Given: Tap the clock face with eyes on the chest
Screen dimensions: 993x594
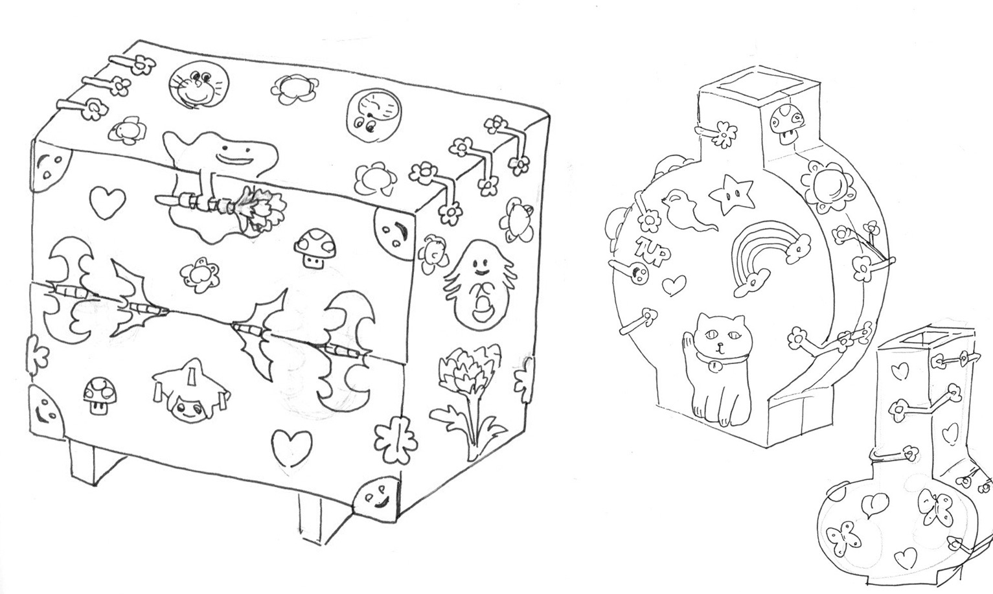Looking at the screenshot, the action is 374,117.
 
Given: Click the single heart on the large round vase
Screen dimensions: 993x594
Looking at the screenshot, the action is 674,284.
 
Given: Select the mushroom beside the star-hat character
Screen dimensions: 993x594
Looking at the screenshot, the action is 100,395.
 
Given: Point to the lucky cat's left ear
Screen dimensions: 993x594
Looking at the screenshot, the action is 703,317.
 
